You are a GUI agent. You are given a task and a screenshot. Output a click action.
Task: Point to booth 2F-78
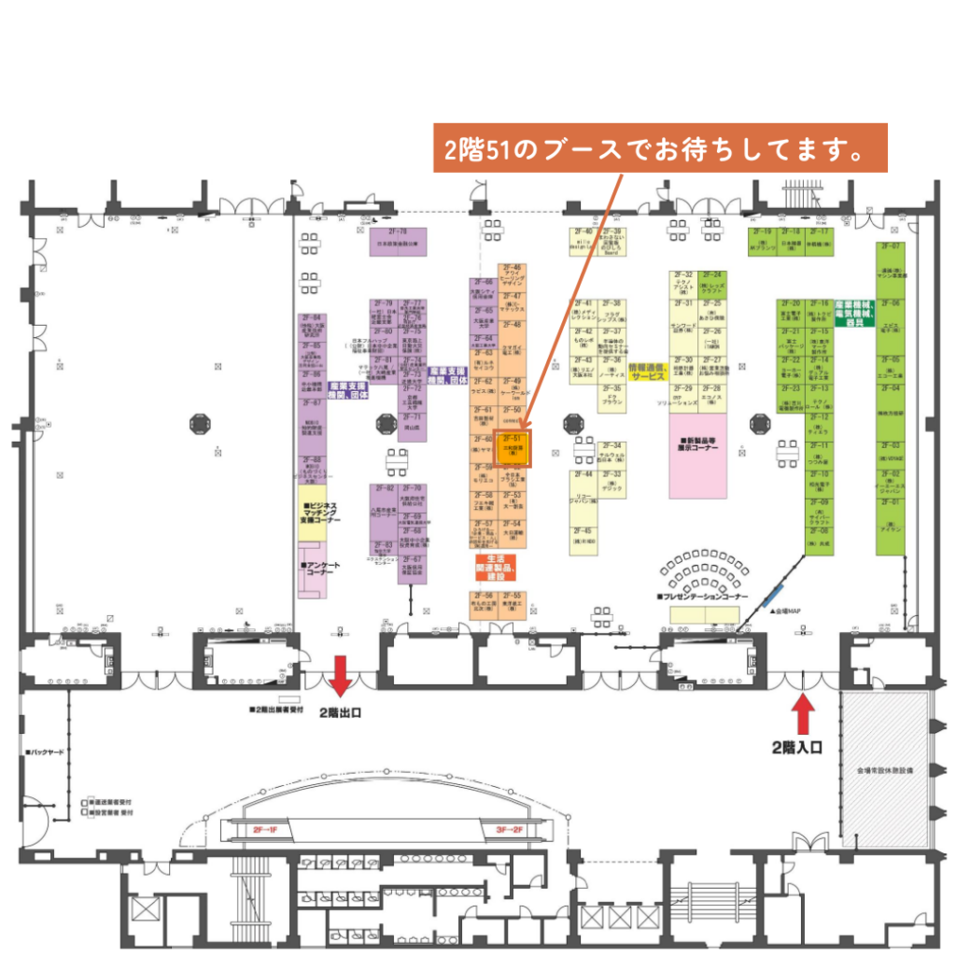[x=401, y=241]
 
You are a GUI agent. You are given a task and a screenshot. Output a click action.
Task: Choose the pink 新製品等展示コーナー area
[x=698, y=456]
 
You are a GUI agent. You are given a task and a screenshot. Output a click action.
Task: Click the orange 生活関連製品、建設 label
[x=495, y=567]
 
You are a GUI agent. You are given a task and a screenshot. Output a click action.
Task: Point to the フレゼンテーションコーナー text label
[x=702, y=596]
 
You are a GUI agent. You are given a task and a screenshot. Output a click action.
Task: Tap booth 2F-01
[x=891, y=518]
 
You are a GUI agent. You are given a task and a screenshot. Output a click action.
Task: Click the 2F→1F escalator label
[x=266, y=829]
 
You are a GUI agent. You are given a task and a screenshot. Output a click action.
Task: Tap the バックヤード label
[x=47, y=752]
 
